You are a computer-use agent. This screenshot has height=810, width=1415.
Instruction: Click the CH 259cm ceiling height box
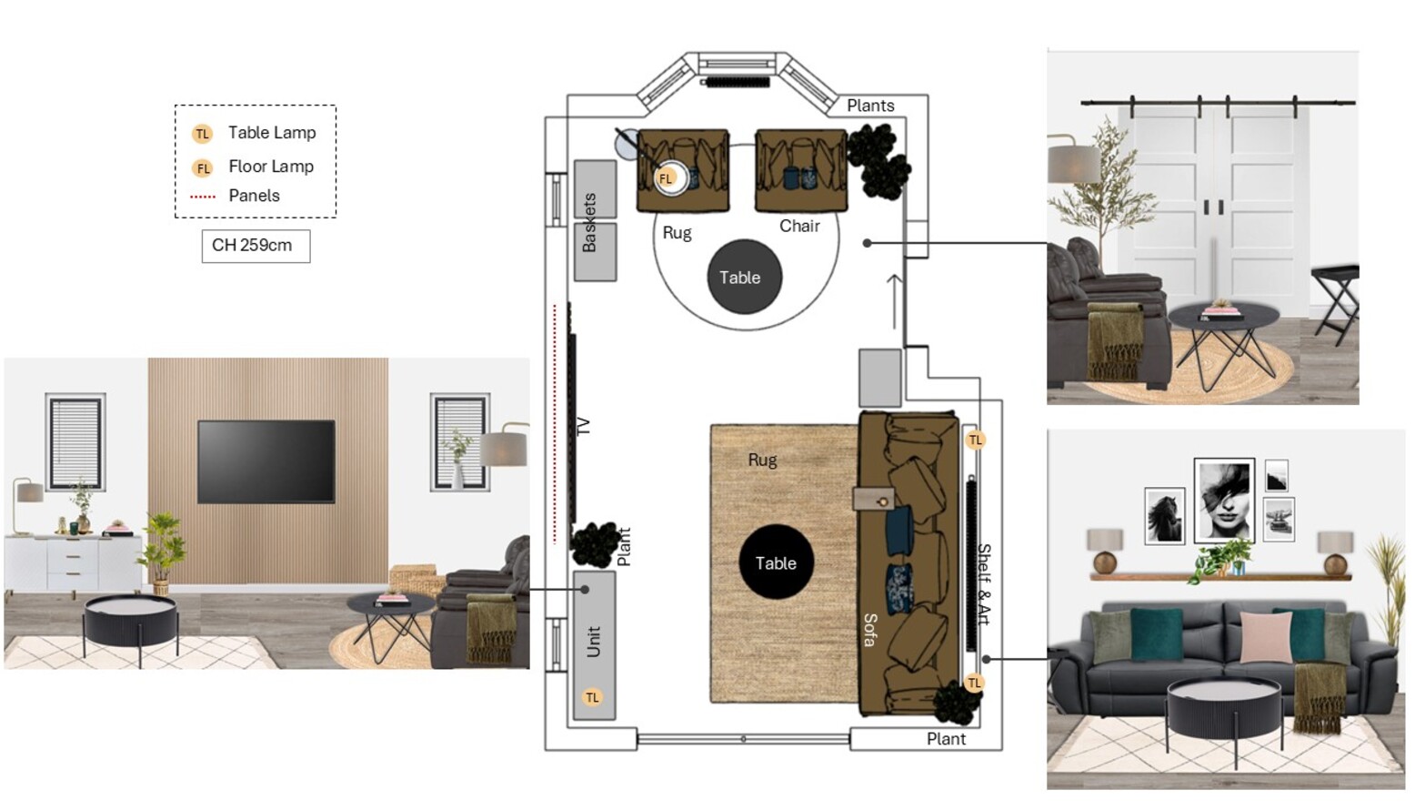[256, 246]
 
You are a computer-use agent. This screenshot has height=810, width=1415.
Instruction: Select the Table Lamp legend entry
[254, 133]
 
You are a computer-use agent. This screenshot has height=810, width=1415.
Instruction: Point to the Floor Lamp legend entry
[253, 167]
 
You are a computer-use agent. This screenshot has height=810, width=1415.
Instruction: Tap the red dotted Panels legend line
[203, 197]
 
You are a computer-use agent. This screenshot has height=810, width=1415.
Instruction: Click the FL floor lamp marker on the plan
[666, 178]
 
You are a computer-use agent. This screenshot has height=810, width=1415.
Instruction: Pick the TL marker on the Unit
[592, 697]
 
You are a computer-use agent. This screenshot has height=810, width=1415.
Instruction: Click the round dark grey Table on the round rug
[745, 277]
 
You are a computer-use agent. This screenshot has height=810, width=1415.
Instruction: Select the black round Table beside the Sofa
[777, 562]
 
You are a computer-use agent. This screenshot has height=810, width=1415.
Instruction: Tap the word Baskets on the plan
[588, 223]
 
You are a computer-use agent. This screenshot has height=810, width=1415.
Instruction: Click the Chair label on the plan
[799, 226]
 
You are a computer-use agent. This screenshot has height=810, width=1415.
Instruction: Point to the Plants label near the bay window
[870, 106]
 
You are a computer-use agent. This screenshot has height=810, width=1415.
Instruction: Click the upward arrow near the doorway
[895, 302]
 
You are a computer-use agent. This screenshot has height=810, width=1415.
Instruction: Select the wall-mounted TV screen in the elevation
[266, 461]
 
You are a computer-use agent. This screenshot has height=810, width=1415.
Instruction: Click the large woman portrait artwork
[1224, 501]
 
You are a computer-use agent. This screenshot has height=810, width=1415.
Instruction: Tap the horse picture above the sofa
[1165, 515]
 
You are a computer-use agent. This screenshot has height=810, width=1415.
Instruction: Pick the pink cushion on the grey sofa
[1265, 637]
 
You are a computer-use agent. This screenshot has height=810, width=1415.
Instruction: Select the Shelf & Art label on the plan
[984, 584]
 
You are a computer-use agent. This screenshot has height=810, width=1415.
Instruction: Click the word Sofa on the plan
[870, 630]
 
